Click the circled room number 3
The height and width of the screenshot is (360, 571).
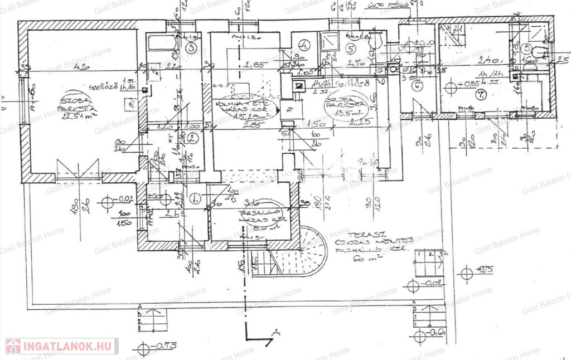pyautogui.click(x=191, y=48)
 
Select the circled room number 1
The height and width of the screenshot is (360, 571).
pyautogui.click(x=195, y=198)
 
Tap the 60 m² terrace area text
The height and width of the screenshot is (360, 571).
pyautogui.click(x=372, y=259)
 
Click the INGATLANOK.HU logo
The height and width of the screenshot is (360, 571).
pyautogui.click(x=61, y=346)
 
